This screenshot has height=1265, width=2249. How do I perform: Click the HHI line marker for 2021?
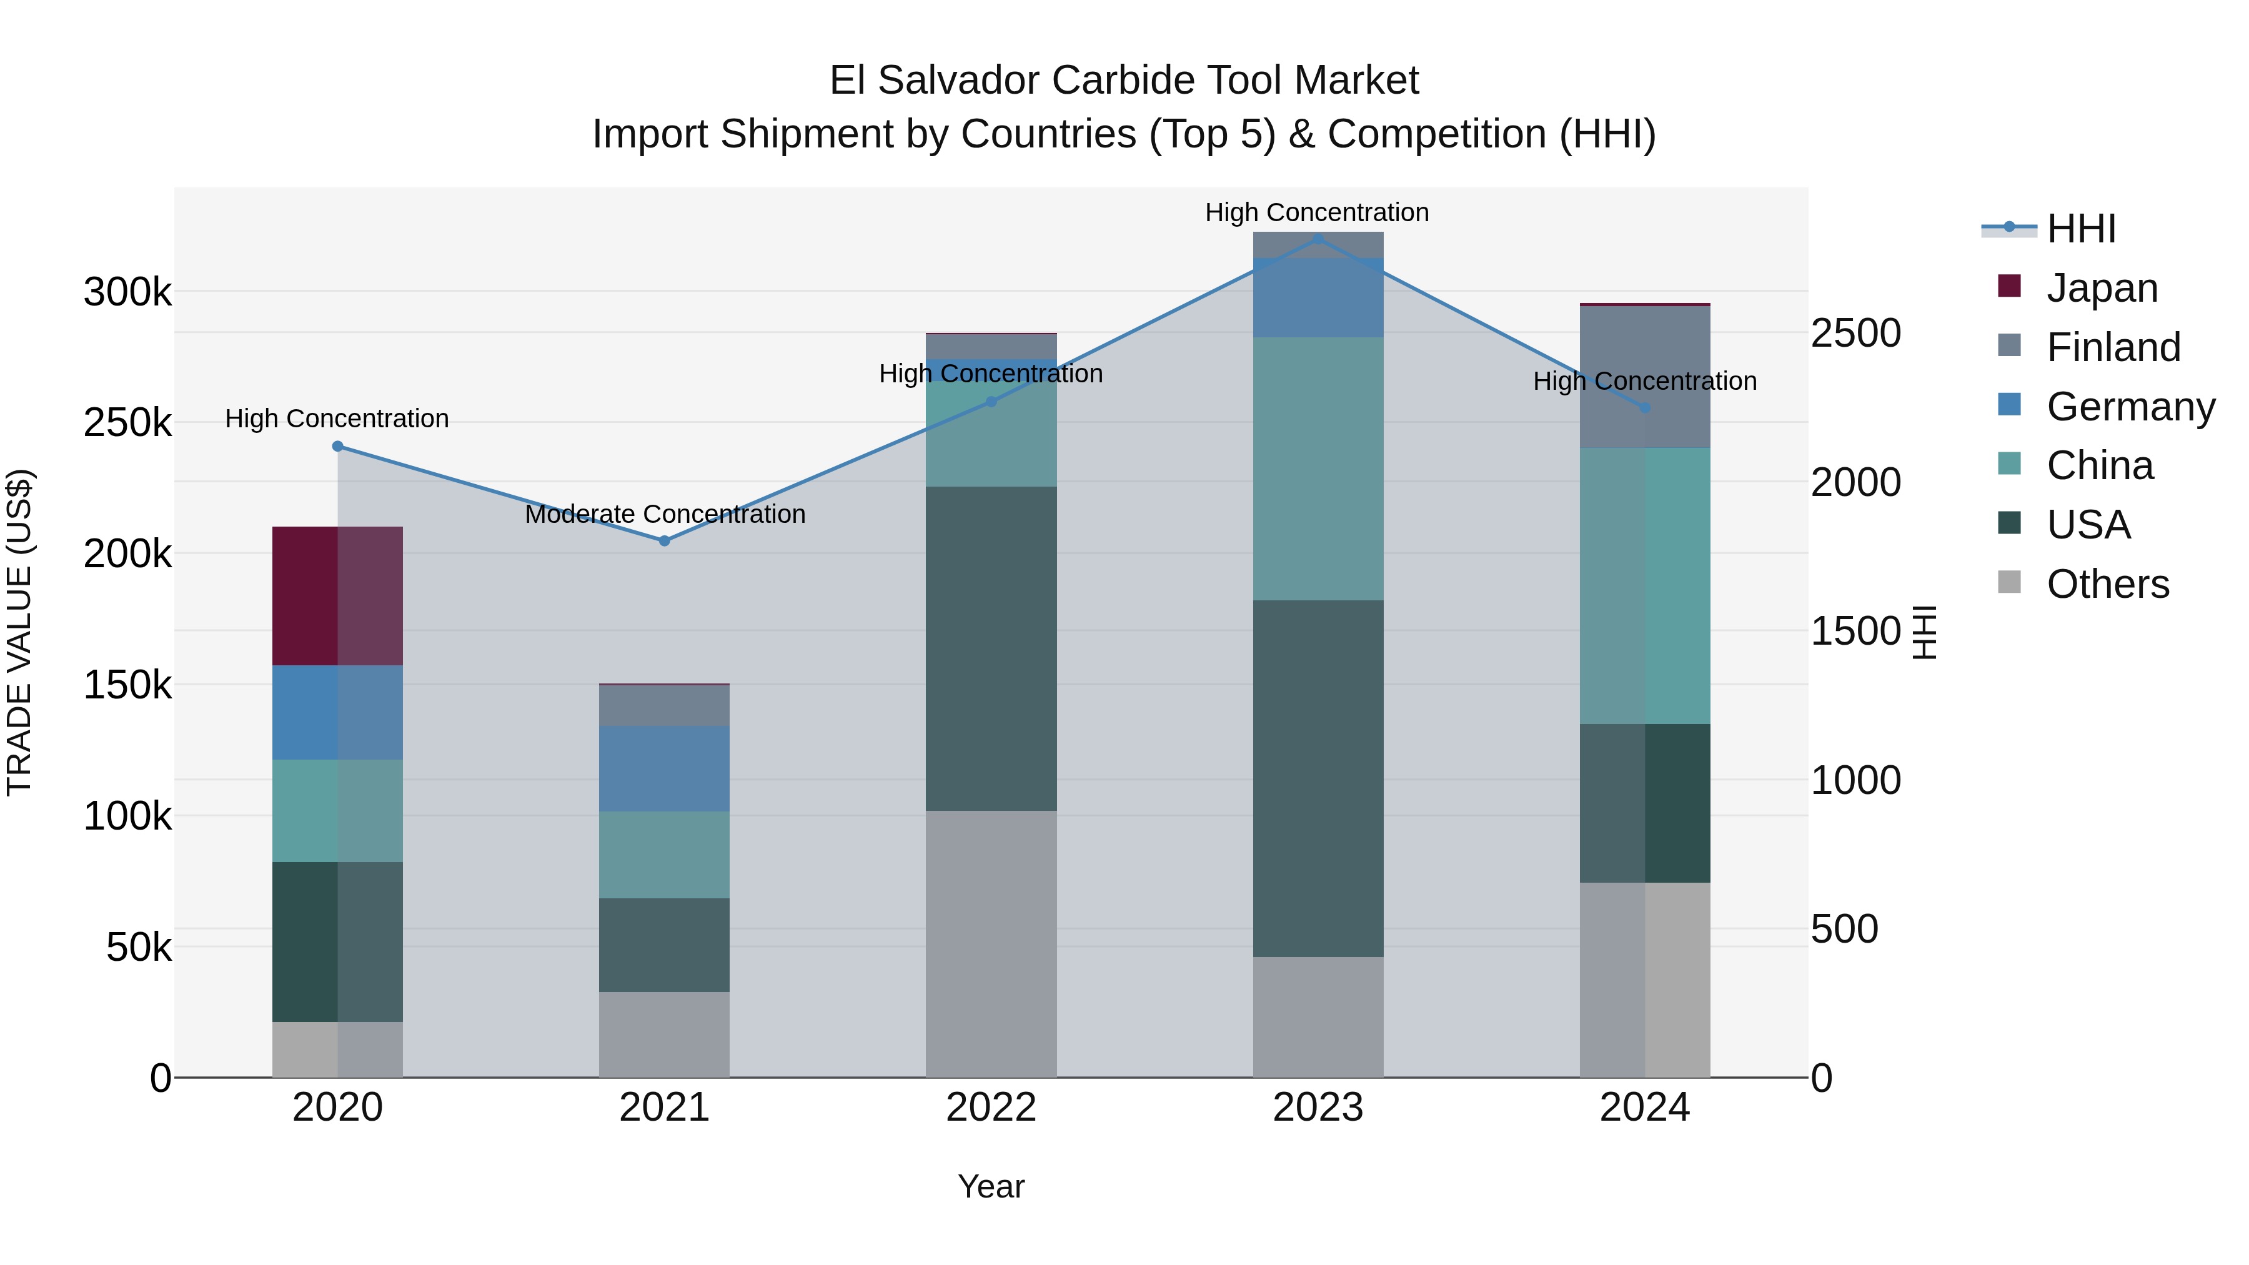coord(665,541)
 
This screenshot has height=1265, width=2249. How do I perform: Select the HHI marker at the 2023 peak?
coord(1318,239)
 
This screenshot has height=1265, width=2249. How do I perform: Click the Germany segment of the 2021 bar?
coord(665,769)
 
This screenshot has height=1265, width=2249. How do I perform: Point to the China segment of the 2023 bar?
coord(1318,469)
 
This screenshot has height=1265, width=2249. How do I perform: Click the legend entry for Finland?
coord(2113,347)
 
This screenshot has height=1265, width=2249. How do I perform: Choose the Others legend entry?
coord(2107,584)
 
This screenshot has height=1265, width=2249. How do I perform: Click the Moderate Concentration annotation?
coord(665,514)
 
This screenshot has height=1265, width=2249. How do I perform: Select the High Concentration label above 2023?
coord(1316,212)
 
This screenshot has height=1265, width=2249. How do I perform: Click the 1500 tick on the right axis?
coord(1855,631)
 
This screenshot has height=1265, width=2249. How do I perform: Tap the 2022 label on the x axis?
coord(991,1108)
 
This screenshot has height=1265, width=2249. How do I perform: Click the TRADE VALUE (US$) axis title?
coord(19,632)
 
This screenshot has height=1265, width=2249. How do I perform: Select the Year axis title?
coord(991,1186)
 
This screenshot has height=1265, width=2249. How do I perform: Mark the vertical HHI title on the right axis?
coord(1924,632)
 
